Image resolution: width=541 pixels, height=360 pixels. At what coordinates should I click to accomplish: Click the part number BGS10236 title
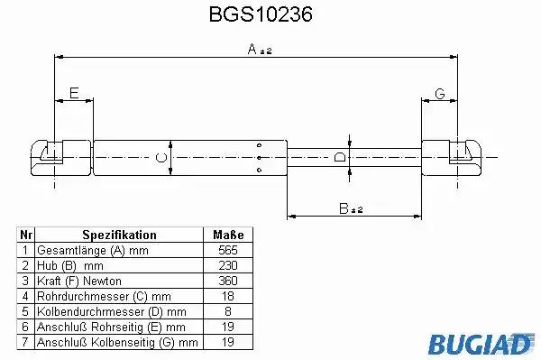tap(261, 14)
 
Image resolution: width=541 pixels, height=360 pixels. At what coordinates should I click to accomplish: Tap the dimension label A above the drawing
tap(260, 49)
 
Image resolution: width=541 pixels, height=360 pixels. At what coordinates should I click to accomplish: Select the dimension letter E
tap(74, 93)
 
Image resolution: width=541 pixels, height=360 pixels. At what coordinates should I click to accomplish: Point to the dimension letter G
tap(440, 94)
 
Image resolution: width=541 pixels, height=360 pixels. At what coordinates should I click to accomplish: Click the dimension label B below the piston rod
tap(351, 208)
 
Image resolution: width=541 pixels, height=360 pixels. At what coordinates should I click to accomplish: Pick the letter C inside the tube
tap(161, 158)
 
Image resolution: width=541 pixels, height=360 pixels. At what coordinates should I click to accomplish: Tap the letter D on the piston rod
tap(340, 157)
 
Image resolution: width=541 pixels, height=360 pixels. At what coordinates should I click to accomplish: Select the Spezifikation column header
tap(119, 235)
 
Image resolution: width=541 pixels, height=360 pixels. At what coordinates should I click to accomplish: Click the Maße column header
tap(228, 235)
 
